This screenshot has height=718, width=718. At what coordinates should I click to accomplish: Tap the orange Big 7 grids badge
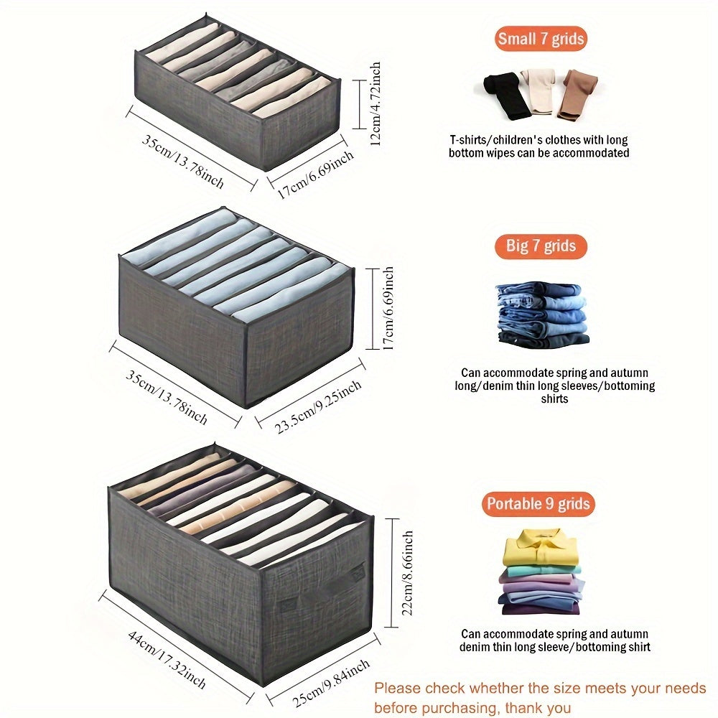(x=541, y=246)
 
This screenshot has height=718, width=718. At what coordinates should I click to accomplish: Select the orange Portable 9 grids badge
(x=538, y=504)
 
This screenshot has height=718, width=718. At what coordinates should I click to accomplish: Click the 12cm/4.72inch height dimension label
(x=376, y=103)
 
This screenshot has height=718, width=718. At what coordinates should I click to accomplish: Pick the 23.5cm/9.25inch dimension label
(x=317, y=408)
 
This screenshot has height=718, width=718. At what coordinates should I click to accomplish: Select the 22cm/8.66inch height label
(x=408, y=573)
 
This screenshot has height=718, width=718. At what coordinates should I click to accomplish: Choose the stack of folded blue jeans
(x=542, y=314)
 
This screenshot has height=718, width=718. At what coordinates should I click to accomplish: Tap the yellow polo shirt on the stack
(x=540, y=548)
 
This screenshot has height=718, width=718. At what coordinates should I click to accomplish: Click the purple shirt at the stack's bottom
(x=540, y=609)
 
